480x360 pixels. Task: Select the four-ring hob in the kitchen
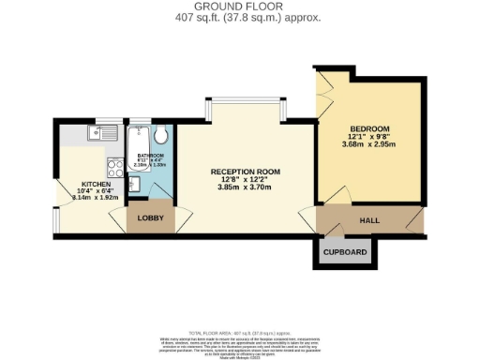tap(117, 170)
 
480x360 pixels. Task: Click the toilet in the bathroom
tap(160, 138)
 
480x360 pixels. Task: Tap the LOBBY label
tap(150, 217)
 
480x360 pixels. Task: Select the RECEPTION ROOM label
tap(245, 172)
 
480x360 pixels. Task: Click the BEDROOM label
tap(369, 127)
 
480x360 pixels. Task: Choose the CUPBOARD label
tap(345, 252)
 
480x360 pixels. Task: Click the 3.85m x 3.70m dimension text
tap(245, 187)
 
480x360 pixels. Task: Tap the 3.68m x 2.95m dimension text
tap(369, 144)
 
